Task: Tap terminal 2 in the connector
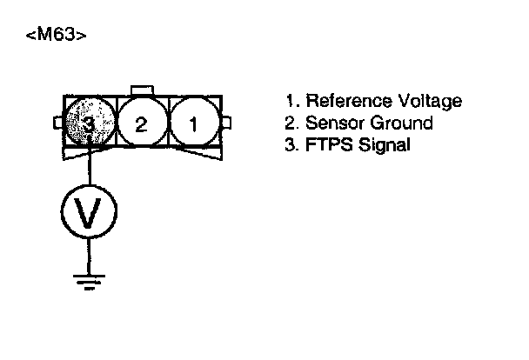point(141,123)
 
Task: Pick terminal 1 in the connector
point(193,123)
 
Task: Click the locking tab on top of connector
point(141,90)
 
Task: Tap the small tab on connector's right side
point(227,122)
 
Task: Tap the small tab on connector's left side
point(59,122)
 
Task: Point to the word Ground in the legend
point(400,123)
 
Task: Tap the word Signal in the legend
point(383,145)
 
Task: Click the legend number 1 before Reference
point(290,102)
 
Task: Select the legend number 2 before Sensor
point(291,123)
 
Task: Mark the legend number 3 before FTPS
point(291,145)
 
